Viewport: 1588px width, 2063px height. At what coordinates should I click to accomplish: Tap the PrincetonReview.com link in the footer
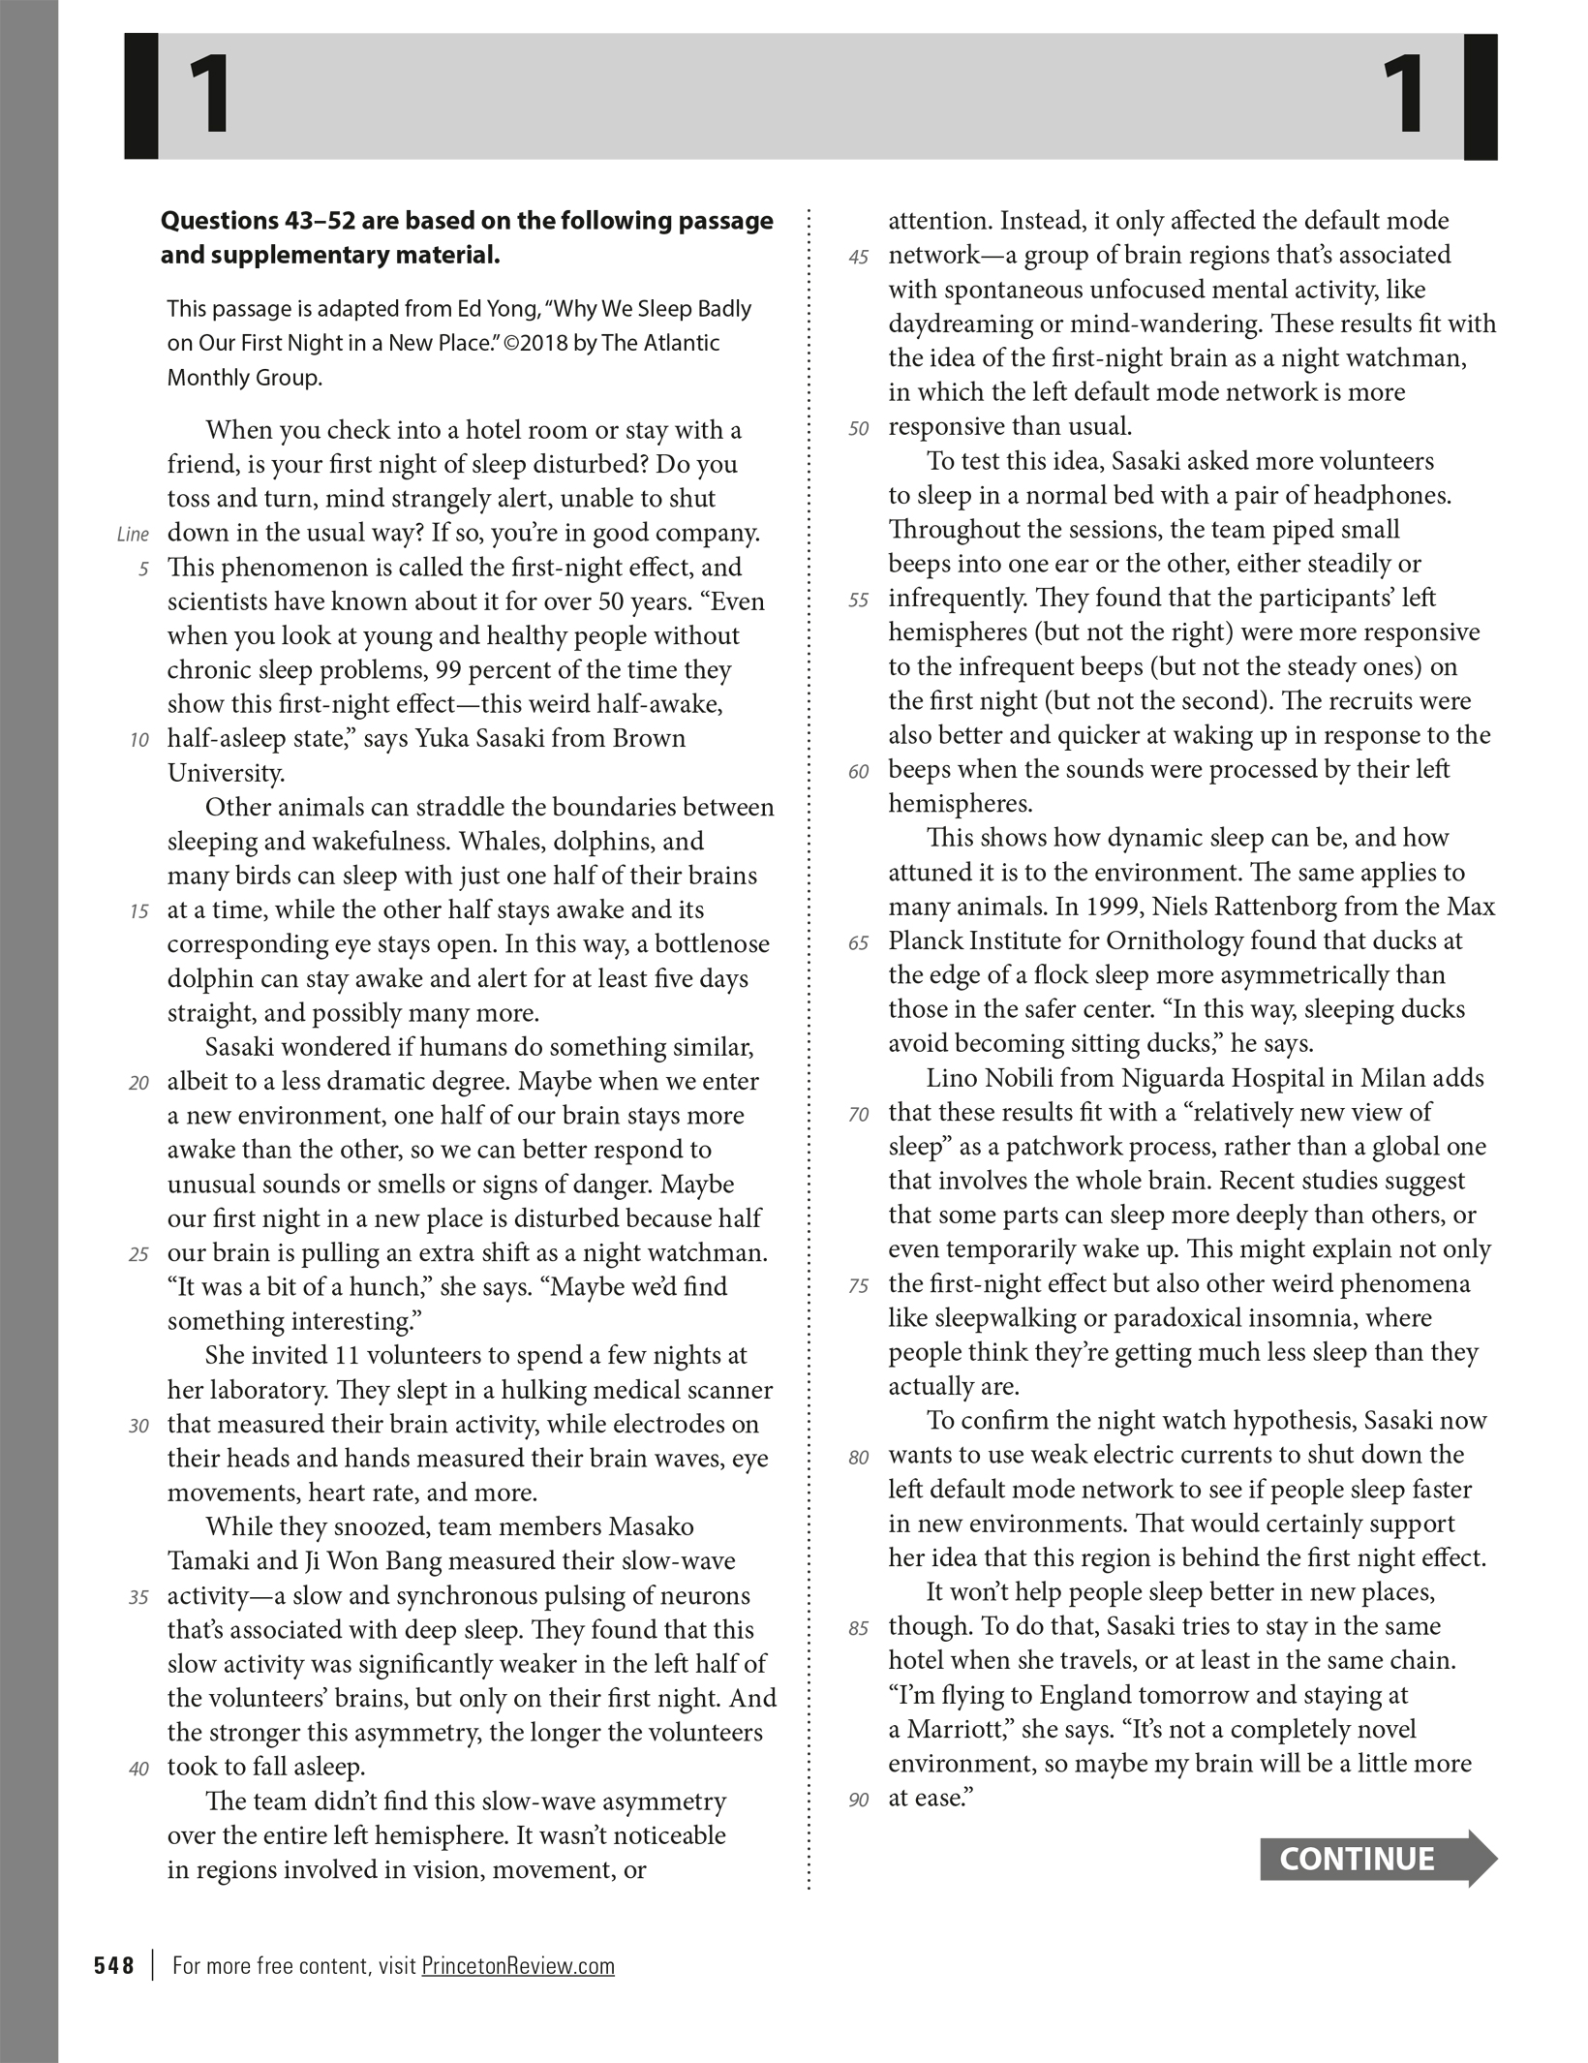(518, 1965)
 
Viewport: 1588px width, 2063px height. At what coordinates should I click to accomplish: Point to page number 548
(114, 1965)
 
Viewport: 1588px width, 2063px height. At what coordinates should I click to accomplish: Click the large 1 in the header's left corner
(208, 96)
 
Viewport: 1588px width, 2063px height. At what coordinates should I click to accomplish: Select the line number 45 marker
(858, 258)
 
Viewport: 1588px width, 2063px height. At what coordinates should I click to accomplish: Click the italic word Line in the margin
(133, 535)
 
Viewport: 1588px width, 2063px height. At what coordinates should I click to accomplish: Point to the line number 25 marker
(138, 1254)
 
